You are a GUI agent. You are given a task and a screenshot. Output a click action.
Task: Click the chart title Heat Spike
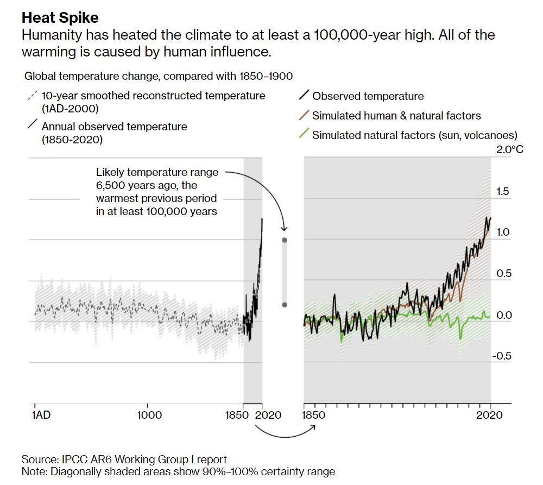(60, 18)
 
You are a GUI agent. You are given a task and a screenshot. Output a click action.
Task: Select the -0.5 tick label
(501, 356)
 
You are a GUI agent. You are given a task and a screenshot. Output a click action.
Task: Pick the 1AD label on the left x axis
(40, 415)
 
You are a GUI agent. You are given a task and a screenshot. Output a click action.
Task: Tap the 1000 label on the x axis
(150, 415)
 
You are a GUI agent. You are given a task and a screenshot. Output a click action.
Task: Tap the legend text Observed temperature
(368, 96)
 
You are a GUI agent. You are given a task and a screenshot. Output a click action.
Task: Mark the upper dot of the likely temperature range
(284, 240)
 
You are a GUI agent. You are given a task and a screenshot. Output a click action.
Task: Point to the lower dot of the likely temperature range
(284, 305)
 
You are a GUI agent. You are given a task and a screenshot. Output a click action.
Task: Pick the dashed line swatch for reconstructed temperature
(32, 96)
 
